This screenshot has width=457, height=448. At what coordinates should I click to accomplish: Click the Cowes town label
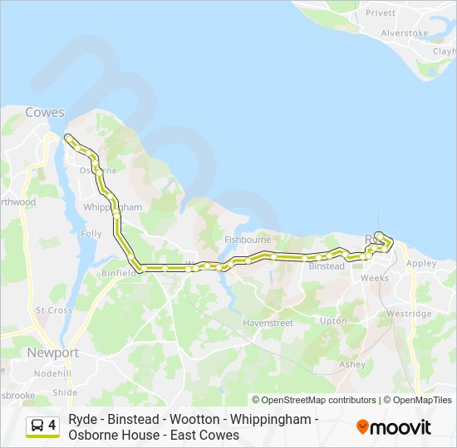(45, 112)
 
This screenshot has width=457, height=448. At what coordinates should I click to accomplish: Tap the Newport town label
(52, 353)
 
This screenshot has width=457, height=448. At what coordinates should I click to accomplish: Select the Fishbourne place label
(248, 240)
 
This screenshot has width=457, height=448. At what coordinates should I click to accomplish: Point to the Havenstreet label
(268, 322)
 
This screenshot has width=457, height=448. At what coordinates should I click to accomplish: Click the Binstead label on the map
(326, 266)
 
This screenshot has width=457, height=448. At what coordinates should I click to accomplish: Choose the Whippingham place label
(113, 207)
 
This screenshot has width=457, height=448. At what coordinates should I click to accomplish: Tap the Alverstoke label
(404, 33)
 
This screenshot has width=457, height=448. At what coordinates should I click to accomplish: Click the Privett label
(381, 13)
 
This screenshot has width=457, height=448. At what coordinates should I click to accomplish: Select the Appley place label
(421, 263)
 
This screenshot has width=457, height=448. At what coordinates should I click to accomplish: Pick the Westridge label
(409, 314)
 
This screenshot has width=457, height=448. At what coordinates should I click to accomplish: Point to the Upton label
(333, 320)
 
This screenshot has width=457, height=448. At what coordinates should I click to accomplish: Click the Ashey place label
(352, 364)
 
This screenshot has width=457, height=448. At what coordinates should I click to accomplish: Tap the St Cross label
(54, 310)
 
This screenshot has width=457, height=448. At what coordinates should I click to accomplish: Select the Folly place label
(91, 234)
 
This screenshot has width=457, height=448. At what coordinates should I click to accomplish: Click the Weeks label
(375, 278)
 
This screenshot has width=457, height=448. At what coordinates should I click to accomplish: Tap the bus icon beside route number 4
(37, 426)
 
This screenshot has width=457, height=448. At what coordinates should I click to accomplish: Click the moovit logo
(394, 427)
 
